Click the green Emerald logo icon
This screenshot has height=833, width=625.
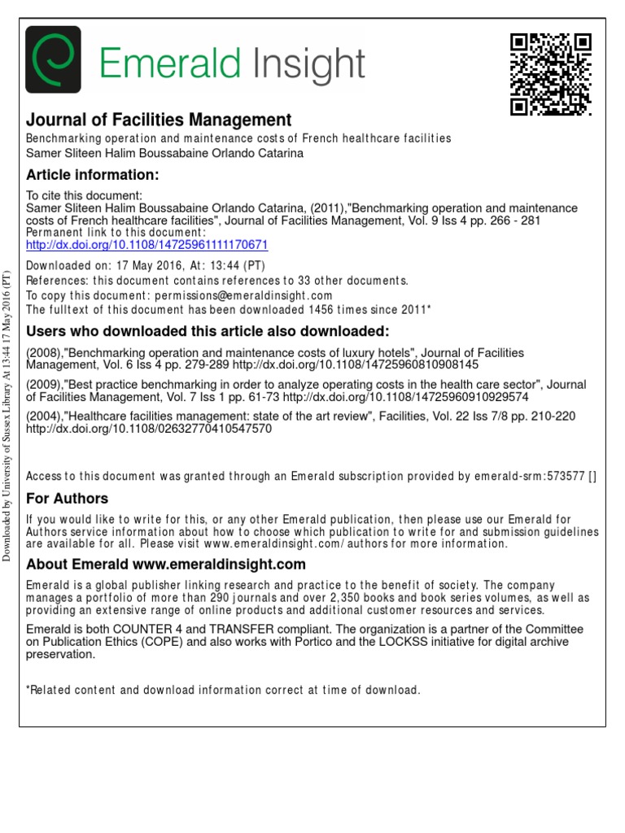54,61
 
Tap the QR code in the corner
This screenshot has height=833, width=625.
550,75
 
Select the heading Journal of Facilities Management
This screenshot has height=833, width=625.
159,120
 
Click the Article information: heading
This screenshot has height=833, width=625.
92,175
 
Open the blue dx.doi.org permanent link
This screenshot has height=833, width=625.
147,244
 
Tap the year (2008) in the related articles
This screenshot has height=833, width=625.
46,353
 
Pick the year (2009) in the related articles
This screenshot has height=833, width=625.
46,386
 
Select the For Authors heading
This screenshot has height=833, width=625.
68,498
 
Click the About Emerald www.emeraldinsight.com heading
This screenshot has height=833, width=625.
166,565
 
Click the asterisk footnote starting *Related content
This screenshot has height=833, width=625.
223,690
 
